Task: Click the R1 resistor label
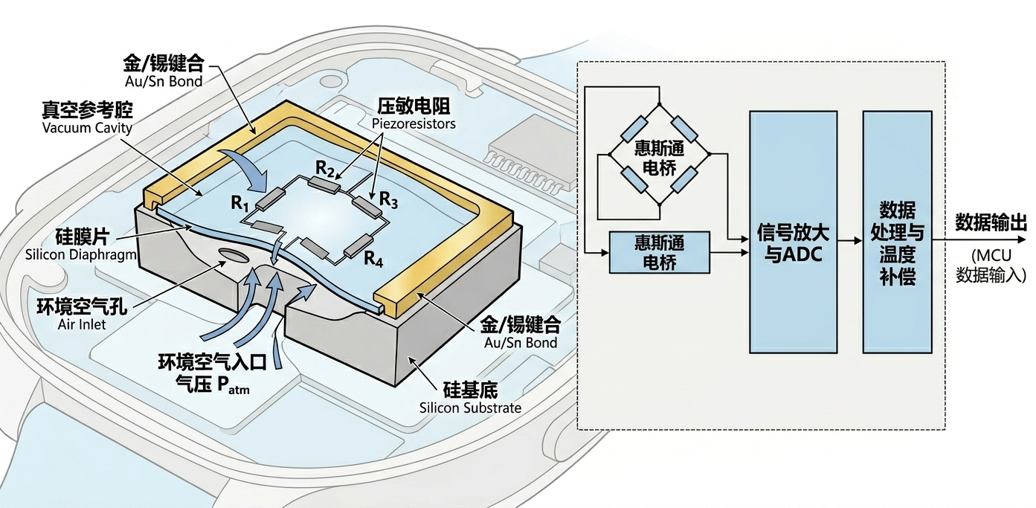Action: pos(240,204)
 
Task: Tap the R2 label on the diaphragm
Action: pos(325,170)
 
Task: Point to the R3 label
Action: pos(388,200)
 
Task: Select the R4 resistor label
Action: pos(373,259)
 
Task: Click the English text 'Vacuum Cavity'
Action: pos(88,128)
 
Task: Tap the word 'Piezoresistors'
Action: pos(414,123)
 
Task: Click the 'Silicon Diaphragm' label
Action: pos(81,254)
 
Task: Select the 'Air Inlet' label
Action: pos(82,324)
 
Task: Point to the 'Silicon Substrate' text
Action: pos(470,408)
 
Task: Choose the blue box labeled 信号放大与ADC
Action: pos(794,232)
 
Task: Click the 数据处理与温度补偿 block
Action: pos(897,232)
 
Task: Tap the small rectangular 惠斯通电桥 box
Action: pos(659,253)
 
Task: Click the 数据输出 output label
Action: pos(991,223)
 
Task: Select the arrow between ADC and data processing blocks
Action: pos(850,240)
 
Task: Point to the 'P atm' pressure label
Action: pos(233,386)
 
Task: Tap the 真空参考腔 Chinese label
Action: pos(88,109)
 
